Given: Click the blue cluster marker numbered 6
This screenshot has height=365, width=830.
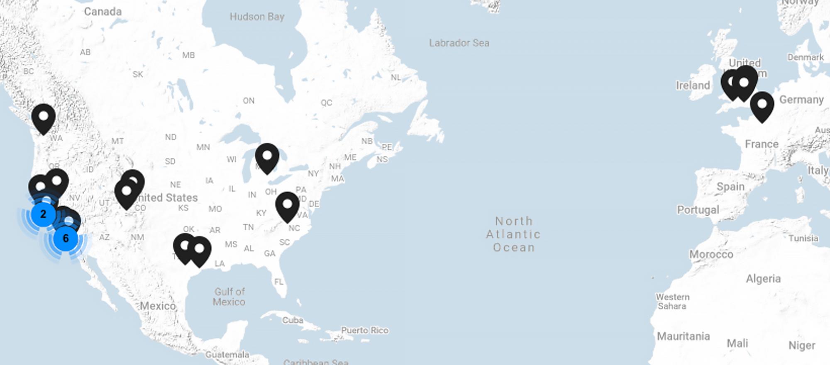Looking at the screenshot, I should point(66,238).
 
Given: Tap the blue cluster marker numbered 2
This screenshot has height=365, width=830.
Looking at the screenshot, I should point(43,214).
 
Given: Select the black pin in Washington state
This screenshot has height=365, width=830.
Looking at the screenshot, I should point(44,117).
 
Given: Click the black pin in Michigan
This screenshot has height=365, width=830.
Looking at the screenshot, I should point(267,157).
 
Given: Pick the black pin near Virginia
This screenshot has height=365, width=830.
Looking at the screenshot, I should point(287,205).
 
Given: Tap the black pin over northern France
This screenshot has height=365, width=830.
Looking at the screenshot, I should point(762,105).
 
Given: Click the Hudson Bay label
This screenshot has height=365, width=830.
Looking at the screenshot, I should point(257,17).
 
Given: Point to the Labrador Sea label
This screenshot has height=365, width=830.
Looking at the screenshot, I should point(459,43).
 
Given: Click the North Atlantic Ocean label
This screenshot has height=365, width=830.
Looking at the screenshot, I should point(514,234).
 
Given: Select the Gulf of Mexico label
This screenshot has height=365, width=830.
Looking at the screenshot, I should point(229,297).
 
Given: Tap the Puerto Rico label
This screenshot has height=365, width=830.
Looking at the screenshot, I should point(365,331).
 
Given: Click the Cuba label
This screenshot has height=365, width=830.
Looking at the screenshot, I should point(293,320).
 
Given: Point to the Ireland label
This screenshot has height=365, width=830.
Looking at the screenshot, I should point(693,85).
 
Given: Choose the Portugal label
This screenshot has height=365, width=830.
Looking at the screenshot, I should point(698,210).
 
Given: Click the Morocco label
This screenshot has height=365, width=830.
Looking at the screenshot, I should point(711,254).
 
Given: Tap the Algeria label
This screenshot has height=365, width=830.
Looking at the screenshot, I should point(763,279).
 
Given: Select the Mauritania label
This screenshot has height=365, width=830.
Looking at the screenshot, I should point(683,336).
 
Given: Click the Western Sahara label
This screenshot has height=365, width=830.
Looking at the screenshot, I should point(672,302).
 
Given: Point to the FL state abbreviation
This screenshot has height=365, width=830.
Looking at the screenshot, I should point(278,282).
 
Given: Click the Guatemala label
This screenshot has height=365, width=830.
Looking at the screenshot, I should point(227,355).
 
